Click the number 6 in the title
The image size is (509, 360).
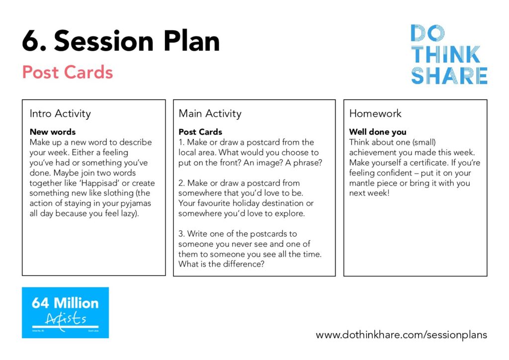coord(31,41)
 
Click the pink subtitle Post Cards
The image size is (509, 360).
coord(68,72)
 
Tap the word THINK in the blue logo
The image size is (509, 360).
coord(446,55)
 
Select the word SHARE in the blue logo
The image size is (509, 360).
coord(449,76)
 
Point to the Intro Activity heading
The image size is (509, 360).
coord(60,113)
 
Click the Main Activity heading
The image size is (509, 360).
coord(210,113)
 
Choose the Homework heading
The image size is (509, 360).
coord(375,113)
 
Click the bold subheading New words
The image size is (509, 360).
coord(53,132)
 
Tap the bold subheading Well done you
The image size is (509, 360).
coord(378,132)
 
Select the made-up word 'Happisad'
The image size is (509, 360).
coord(99,183)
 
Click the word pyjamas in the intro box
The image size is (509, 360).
coord(136,203)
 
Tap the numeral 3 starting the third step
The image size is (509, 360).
coord(181,234)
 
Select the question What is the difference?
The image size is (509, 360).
coord(221,264)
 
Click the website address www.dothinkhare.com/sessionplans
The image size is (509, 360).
coord(402,335)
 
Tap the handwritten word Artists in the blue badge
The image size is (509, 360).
coord(66,318)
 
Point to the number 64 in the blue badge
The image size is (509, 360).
coord(41,303)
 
